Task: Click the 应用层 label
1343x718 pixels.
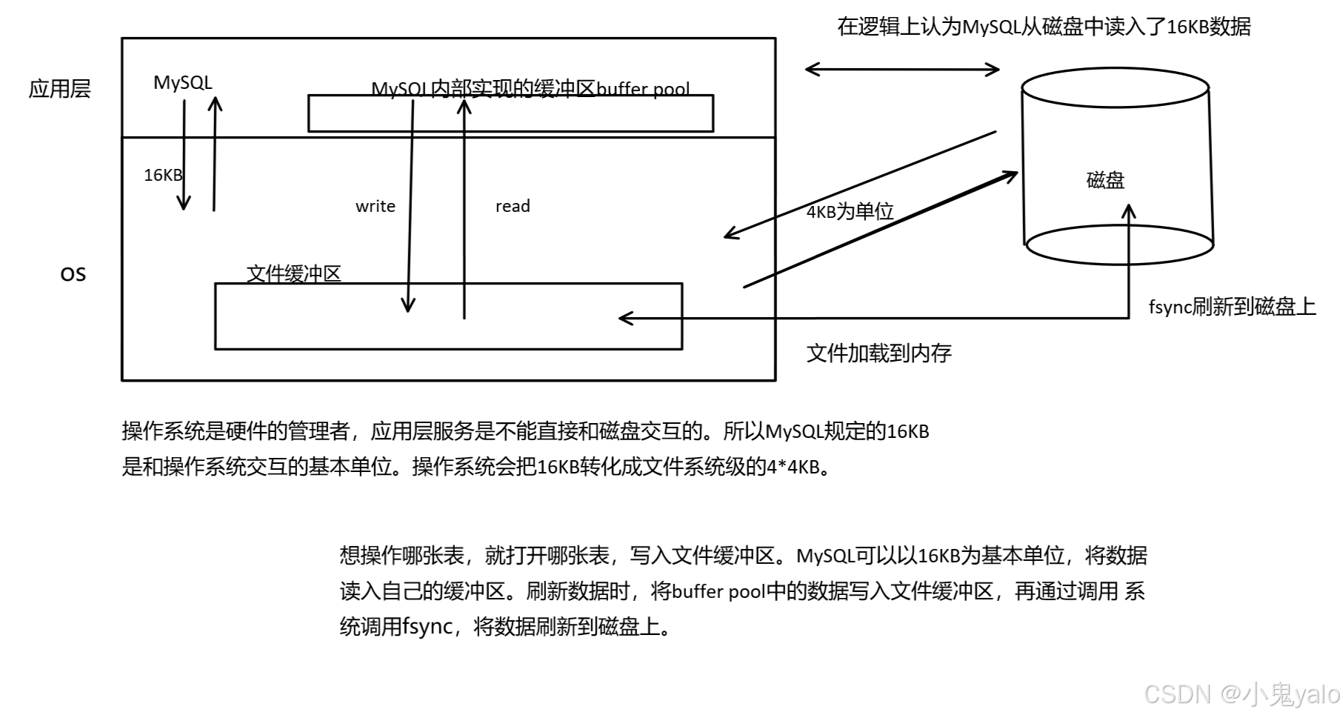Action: point(59,89)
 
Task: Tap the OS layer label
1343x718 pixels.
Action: point(73,274)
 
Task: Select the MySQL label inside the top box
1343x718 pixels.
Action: point(182,82)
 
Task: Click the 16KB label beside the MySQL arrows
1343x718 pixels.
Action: point(162,175)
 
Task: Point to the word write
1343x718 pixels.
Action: point(375,206)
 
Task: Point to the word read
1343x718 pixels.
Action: point(513,206)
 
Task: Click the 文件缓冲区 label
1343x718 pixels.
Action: point(293,273)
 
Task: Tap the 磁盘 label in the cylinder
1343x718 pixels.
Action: point(1105,180)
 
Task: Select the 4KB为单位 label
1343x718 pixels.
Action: point(850,212)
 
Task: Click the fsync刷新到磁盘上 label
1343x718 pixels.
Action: point(1231,307)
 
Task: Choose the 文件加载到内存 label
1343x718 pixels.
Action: point(879,353)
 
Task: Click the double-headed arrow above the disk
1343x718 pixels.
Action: point(902,70)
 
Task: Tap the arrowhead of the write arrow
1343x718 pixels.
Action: point(407,305)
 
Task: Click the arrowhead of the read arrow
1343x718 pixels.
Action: point(464,107)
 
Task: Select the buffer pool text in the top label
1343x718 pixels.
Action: point(643,90)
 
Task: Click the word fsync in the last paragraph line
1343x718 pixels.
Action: point(427,627)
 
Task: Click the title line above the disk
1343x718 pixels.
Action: point(1044,27)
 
